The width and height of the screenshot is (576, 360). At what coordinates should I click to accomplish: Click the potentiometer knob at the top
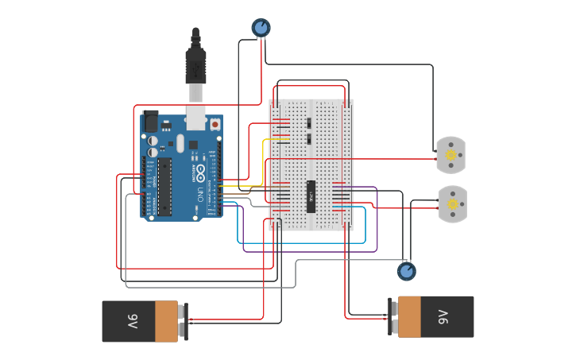pyautogui.click(x=261, y=28)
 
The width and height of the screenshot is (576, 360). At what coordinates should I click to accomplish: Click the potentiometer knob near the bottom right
pyautogui.click(x=406, y=272)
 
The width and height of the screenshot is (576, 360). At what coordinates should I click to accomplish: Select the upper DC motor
pyautogui.click(x=450, y=155)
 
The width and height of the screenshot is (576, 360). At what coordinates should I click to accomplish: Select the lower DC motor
pyautogui.click(x=453, y=204)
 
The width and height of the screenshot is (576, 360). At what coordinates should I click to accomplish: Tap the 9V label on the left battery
pyautogui.click(x=132, y=322)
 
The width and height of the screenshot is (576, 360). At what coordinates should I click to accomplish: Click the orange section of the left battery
pyautogui.click(x=166, y=321)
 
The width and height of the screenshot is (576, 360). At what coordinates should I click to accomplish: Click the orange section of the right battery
pyautogui.click(x=410, y=316)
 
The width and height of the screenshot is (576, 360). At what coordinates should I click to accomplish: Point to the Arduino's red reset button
pyautogui.click(x=215, y=125)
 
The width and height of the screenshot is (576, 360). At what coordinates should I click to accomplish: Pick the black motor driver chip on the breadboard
pyautogui.click(x=312, y=196)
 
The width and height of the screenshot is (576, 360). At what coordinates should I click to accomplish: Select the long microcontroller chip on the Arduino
pyautogui.click(x=164, y=186)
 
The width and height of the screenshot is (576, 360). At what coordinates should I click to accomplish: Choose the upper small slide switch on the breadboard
pyautogui.click(x=307, y=123)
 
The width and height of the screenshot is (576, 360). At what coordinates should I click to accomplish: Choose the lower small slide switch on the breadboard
pyautogui.click(x=307, y=139)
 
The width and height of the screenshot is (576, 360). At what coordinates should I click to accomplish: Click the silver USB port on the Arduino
pyautogui.click(x=195, y=117)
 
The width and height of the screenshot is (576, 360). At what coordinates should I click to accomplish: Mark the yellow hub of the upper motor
pyautogui.click(x=451, y=156)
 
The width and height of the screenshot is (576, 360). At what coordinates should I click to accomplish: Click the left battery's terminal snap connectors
pyautogui.click(x=183, y=321)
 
